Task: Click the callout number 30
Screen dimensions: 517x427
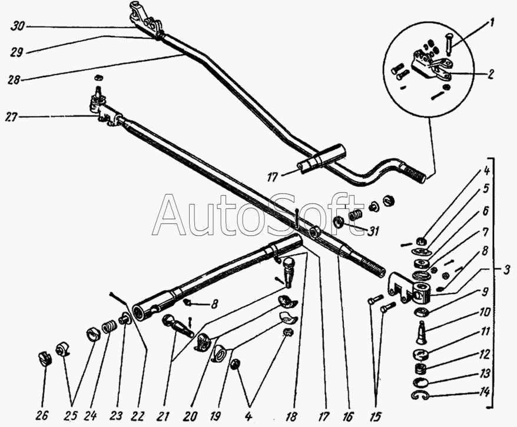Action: [17, 26]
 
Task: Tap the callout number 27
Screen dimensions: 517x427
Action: [12, 117]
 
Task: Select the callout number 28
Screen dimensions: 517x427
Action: [15, 79]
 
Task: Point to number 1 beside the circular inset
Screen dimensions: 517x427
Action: [491, 24]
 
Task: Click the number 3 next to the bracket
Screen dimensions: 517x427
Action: [506, 270]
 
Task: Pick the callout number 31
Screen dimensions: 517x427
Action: [372, 231]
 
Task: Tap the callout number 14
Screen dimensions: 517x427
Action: [485, 392]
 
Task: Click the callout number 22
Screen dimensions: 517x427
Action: [137, 416]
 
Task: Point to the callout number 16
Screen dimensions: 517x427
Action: [348, 416]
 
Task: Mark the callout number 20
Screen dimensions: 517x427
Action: [190, 416]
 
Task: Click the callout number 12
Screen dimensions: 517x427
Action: [484, 354]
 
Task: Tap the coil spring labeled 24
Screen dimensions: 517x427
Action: [107, 327]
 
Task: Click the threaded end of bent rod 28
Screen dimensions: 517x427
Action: [414, 174]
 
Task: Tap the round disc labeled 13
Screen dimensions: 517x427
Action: [420, 382]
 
